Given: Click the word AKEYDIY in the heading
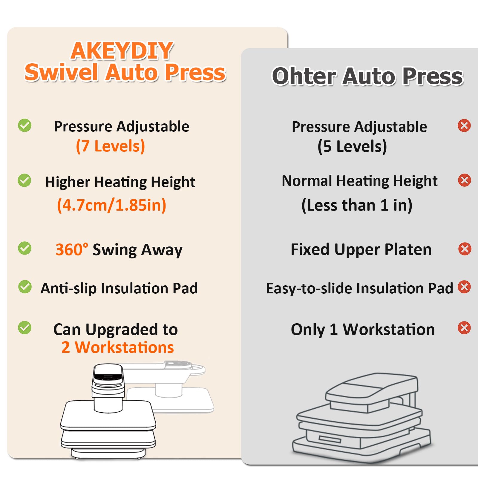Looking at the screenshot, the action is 122,51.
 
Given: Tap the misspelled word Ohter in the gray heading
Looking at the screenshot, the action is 304,76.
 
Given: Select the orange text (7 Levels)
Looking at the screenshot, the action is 111,146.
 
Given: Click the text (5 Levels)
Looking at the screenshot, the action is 352,146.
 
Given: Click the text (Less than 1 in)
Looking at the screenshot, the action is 357,205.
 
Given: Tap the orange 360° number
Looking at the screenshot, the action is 72,249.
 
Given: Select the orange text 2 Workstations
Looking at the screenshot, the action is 118,347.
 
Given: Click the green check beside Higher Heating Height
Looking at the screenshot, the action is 24,180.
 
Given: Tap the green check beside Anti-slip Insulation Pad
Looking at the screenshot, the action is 25,287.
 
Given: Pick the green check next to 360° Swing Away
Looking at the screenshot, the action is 24,248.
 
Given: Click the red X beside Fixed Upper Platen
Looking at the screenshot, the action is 465,249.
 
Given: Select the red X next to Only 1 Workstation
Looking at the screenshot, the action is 464,328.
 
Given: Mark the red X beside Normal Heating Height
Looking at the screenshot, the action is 465,180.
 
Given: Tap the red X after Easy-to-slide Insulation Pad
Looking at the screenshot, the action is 464,287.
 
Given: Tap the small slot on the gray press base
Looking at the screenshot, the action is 330,439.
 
